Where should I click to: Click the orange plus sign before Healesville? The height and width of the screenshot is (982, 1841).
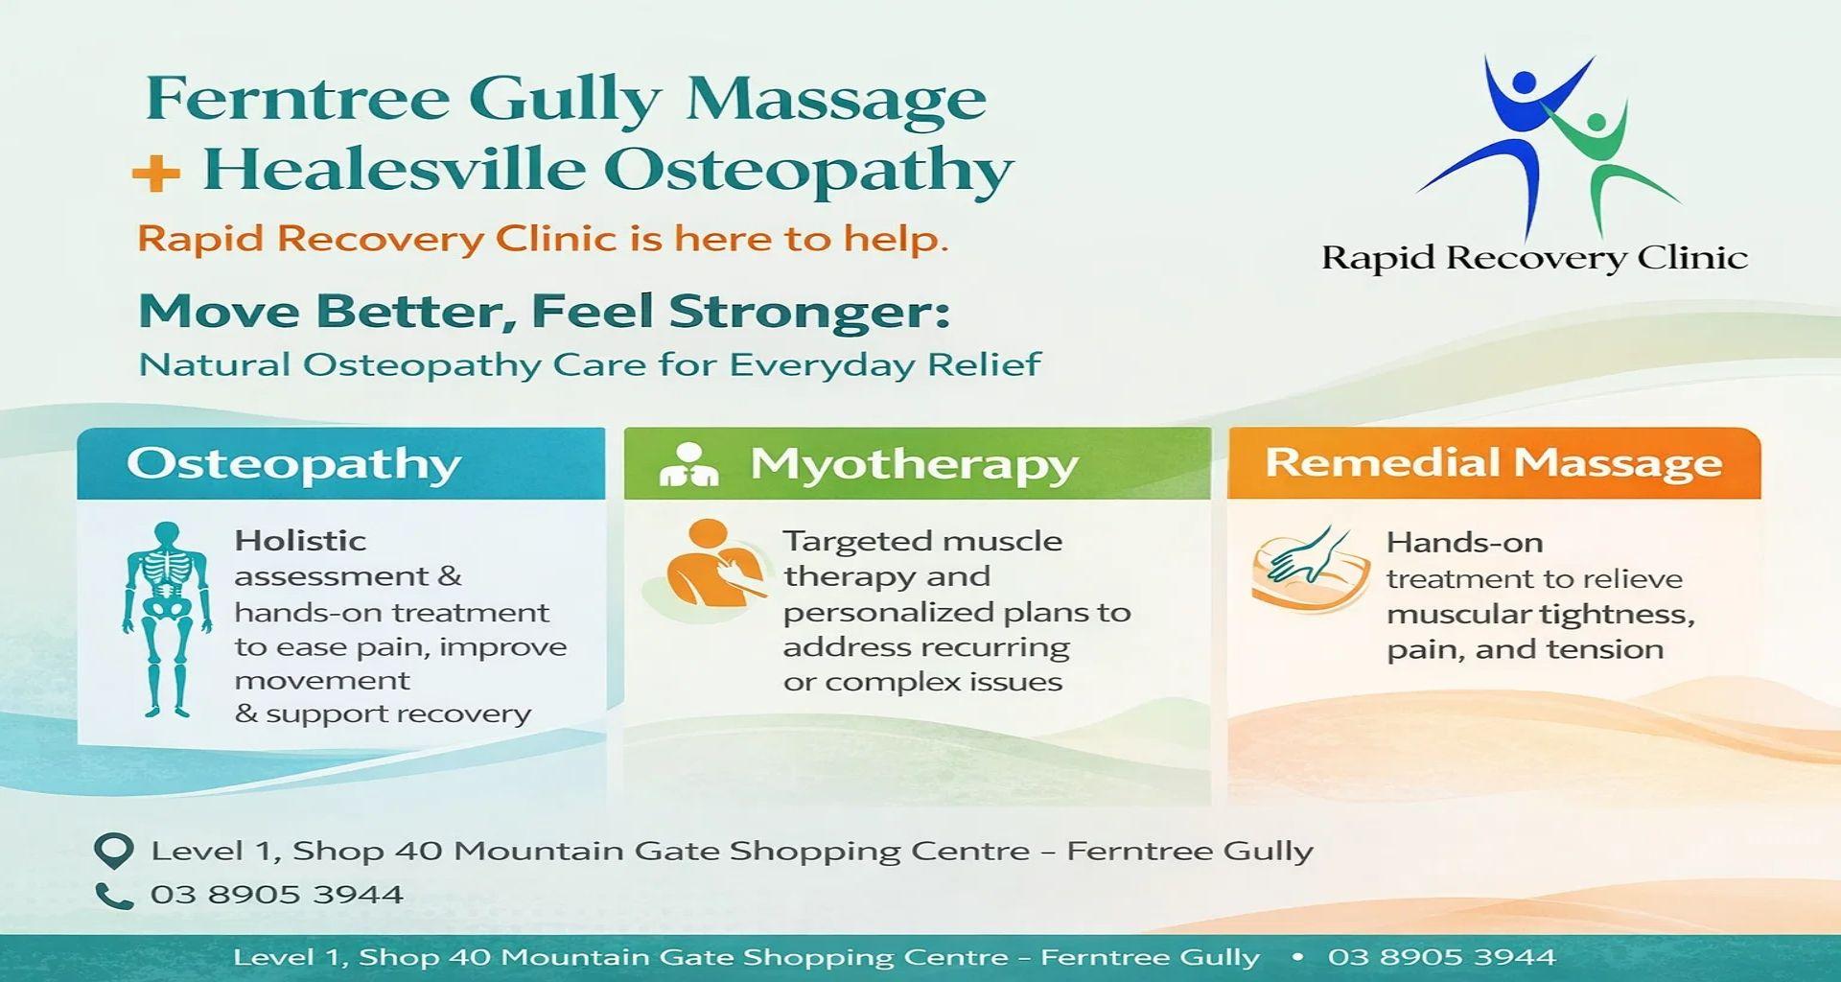pyautogui.click(x=156, y=174)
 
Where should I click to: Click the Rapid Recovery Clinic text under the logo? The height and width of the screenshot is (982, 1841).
pyautogui.click(x=1534, y=258)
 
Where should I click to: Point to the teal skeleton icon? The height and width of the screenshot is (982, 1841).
pyautogui.click(x=167, y=620)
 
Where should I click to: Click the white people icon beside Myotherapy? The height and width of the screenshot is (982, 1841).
pyautogui.click(x=688, y=464)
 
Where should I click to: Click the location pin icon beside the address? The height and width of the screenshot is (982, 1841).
pyautogui.click(x=114, y=851)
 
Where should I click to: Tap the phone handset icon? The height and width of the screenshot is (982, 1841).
pyautogui.click(x=114, y=896)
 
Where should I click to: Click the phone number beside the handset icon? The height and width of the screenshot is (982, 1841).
pyautogui.click(x=276, y=895)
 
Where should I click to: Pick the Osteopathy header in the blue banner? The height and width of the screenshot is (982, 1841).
pyautogui.click(x=293, y=464)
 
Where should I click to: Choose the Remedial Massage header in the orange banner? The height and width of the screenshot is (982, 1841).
pyautogui.click(x=1493, y=463)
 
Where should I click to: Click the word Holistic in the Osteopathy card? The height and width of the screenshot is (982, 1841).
pyautogui.click(x=300, y=541)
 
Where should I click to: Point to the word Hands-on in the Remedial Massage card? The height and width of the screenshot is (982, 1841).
pyautogui.click(x=1464, y=543)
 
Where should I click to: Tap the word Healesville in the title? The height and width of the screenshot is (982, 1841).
pyautogui.click(x=393, y=170)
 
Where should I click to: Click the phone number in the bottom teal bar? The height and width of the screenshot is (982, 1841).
pyautogui.click(x=1441, y=957)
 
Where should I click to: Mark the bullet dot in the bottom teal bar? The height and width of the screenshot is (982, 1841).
pyautogui.click(x=1297, y=957)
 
